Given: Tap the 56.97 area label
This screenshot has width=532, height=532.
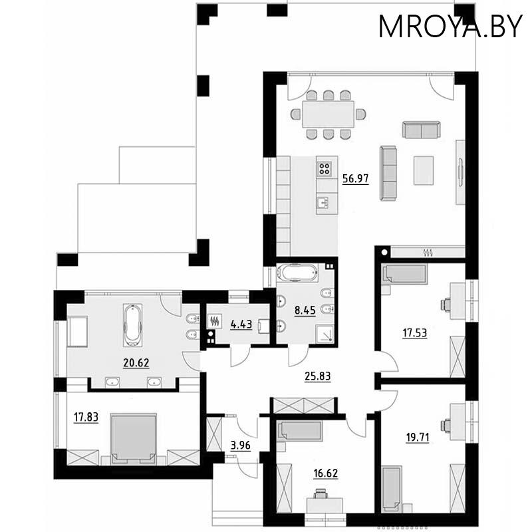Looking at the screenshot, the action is pos(355,178).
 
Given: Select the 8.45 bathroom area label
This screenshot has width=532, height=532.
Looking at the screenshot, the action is pos(305,310).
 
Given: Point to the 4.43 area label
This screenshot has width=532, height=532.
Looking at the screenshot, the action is pos(241,325).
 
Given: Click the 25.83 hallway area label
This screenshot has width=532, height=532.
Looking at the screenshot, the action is pos(318,376).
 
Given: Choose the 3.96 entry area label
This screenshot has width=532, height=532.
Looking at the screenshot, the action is pos(240,445).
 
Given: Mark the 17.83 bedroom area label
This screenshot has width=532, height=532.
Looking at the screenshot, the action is pos(86,417).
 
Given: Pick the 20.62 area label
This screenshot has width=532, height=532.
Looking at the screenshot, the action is pos(136,362).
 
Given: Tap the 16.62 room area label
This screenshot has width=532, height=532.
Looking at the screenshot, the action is pos(325,473).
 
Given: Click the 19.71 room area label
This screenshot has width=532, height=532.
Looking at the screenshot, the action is pos(418,438).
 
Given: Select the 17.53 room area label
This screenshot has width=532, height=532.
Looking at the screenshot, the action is pos(414,333).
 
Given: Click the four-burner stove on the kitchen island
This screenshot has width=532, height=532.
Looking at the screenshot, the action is pos(324,168).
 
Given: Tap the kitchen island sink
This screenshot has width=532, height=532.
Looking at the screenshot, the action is pos(323,203).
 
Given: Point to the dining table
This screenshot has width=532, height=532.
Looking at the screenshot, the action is pos(328,114).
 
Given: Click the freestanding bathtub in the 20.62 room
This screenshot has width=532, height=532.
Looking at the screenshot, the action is pos(132,325).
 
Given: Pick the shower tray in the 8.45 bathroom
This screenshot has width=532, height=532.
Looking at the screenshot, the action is pos(325,334).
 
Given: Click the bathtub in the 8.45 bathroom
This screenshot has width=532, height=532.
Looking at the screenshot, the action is pos(297,273).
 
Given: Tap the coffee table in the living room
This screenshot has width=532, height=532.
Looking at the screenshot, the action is pos(424,171).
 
